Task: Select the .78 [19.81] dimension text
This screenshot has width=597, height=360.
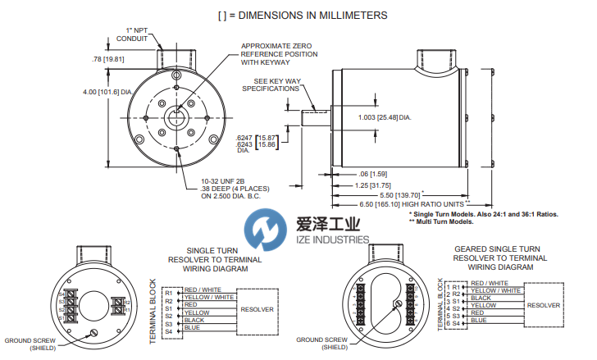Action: click(x=107, y=58)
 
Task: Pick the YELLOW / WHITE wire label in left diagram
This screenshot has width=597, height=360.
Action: click(x=207, y=297)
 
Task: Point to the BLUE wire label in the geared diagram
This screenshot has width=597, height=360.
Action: click(x=478, y=320)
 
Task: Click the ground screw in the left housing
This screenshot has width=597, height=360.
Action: click(x=93, y=331)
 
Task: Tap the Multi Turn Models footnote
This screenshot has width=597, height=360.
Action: click(x=441, y=221)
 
